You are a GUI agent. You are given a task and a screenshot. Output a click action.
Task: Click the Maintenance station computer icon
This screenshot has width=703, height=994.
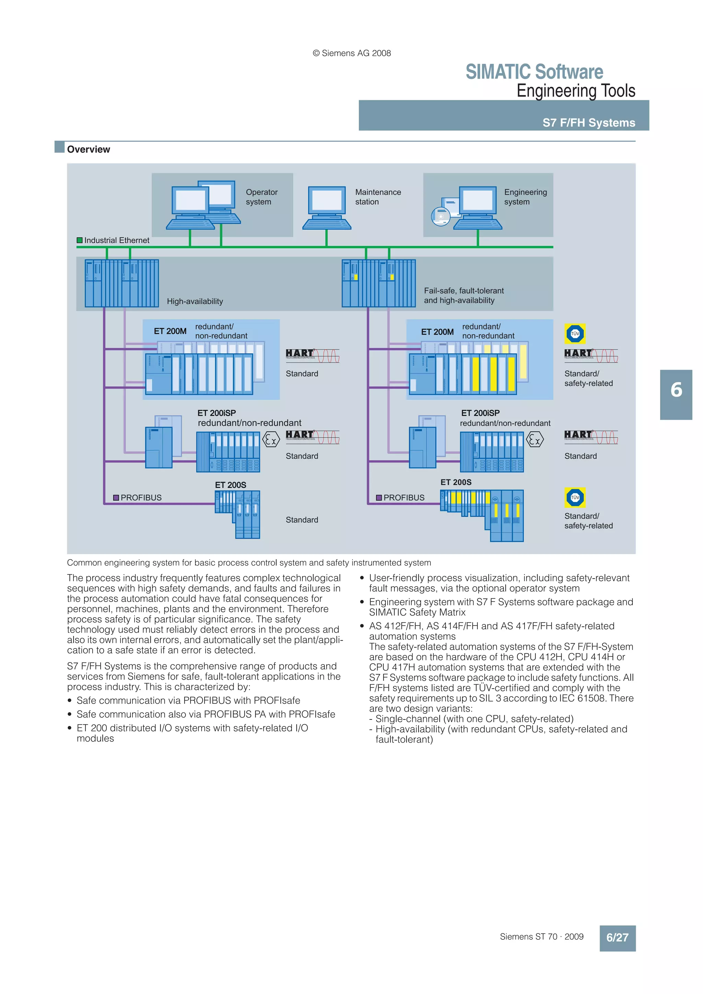[326, 207]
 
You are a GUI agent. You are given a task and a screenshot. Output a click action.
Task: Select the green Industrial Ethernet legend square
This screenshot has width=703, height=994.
[80, 240]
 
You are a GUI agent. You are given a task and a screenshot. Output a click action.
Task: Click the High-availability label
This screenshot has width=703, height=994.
[195, 301]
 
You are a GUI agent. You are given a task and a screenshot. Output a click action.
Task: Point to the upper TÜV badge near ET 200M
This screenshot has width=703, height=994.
[575, 334]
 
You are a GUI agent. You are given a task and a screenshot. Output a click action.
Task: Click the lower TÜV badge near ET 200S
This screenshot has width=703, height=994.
[575, 498]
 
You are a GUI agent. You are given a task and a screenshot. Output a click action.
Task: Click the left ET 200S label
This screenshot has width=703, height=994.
[230, 485]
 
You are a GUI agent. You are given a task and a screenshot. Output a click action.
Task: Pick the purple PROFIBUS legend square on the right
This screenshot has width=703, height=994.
[379, 498]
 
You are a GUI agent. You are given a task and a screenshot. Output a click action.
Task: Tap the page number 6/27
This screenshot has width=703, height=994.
[617, 938]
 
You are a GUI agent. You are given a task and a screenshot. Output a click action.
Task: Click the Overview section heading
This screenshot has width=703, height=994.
[88, 149]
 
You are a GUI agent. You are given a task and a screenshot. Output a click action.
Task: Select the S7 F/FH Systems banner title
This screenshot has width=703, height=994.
[589, 123]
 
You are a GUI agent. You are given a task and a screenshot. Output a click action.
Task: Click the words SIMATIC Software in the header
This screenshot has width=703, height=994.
[534, 72]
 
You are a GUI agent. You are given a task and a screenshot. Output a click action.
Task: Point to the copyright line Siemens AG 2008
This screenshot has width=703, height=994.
[352, 53]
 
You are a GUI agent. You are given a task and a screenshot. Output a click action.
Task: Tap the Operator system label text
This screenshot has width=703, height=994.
[261, 197]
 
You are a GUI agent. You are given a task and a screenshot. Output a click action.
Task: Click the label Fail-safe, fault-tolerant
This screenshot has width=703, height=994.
[463, 291]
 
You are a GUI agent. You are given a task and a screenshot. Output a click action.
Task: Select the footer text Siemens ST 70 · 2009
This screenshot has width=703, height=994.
[541, 937]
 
